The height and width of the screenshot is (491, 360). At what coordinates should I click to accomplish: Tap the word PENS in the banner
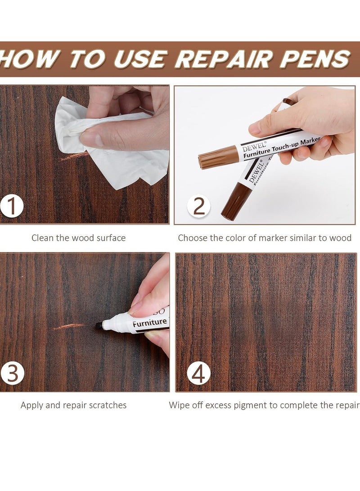point(315,59)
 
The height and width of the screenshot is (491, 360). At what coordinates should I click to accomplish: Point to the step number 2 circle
point(198,206)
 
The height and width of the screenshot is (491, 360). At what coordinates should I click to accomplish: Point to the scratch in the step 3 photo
point(68,326)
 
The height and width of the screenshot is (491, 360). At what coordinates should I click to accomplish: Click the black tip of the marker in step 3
point(99,325)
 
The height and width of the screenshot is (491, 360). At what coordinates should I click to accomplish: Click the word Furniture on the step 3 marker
point(149,322)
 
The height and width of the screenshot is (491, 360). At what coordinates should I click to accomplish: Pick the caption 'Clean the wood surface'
point(78,238)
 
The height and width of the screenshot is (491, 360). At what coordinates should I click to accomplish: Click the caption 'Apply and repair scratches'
point(73,405)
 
